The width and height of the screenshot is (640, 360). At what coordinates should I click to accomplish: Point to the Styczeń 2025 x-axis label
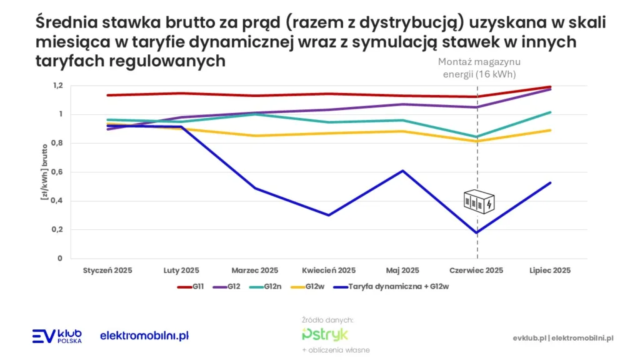pos(107,271)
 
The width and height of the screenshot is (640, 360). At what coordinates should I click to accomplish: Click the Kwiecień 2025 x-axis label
pos(329,271)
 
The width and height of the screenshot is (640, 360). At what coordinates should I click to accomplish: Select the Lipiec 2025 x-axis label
pos(550,271)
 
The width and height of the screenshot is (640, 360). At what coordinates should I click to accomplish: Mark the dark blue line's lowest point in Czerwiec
pos(477,233)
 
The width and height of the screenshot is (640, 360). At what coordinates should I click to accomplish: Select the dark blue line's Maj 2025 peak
pos(403,171)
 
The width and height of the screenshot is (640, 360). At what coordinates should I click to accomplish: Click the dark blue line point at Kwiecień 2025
pos(329,215)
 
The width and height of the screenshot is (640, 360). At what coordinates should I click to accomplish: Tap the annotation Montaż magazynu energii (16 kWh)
pos(479,68)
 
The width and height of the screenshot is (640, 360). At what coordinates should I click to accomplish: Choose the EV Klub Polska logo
pos(57,336)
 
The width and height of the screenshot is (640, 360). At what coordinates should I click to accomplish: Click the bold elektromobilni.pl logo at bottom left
pos(144,336)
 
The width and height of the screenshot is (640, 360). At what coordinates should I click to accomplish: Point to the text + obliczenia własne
pos(336,350)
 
